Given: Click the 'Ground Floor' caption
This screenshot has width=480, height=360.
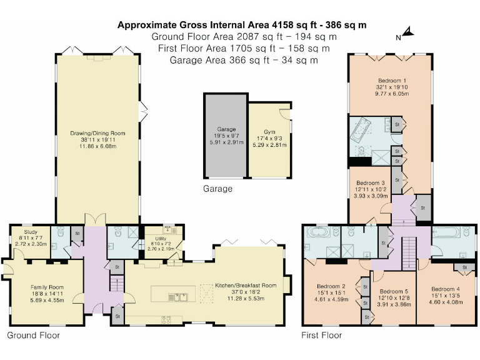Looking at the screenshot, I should coord(34,336).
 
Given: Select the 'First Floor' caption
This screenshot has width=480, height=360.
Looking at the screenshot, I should coord(322,336).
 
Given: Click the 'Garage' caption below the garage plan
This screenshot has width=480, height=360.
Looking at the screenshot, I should coord(217,188).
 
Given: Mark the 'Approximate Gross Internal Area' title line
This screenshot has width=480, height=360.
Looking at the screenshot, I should coord(242,25).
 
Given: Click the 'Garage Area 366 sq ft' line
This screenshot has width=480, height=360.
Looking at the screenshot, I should coord(241,60).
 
